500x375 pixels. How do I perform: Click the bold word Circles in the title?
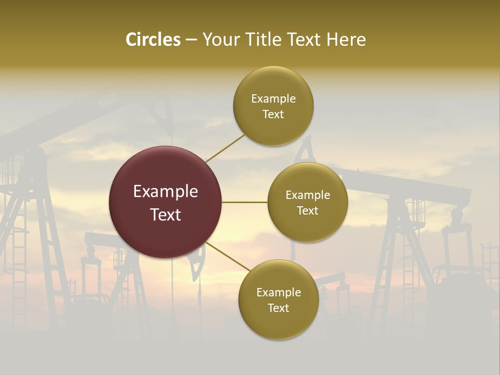[x=153, y=40]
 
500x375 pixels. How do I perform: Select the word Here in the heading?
[x=346, y=40]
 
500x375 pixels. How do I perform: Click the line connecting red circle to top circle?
[x=225, y=148]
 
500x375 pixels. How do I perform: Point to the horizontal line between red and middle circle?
[x=244, y=202]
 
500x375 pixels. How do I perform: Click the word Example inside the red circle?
[x=166, y=192]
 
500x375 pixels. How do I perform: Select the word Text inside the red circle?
[x=166, y=215]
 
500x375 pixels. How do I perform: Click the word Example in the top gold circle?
[x=273, y=99]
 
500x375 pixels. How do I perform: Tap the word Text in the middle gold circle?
[x=307, y=211]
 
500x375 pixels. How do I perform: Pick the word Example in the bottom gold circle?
[x=279, y=293]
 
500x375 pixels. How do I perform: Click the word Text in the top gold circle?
[x=273, y=115]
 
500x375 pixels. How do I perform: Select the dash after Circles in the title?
[x=191, y=40]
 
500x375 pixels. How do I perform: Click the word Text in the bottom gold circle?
[x=278, y=308]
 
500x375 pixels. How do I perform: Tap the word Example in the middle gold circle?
[x=308, y=195]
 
